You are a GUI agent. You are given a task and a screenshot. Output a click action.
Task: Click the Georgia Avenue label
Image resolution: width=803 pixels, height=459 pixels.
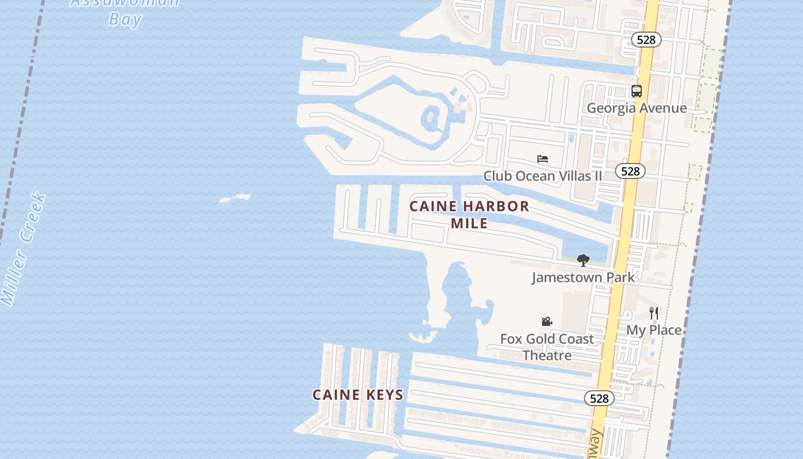coord(636,108)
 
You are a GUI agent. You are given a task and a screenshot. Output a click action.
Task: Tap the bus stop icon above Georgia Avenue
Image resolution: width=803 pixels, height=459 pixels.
coord(636,91)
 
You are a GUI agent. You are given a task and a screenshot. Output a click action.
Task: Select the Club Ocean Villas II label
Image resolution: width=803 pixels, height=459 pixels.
coord(543,176)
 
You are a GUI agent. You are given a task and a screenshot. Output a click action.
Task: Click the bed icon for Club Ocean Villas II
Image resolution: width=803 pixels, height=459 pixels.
coord(543,158)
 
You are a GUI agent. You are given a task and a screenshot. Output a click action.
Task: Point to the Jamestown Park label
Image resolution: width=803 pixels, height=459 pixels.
coord(583,277)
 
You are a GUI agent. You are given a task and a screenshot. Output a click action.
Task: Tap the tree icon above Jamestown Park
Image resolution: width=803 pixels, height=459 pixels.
coord(583,260)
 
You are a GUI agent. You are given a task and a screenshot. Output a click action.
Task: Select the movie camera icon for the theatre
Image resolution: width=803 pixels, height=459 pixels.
coord(547,322)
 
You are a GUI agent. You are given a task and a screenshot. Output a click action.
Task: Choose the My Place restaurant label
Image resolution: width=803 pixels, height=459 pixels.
coord(654,330)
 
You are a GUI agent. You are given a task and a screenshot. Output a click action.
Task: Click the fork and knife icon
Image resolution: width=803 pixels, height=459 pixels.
coord(654,313)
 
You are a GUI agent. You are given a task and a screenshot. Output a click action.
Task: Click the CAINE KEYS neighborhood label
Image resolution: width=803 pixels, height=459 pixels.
coord(358,395)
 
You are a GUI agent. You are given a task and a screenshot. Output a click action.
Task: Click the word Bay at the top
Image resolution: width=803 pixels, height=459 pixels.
coord(125,20)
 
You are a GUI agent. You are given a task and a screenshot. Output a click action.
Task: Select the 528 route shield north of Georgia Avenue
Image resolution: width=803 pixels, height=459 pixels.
coord(646,40)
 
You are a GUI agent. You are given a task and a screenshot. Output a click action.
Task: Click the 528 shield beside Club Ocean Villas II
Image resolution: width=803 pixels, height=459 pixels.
coord(630,171)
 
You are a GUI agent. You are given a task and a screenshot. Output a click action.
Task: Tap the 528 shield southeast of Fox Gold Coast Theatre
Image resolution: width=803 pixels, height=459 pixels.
coord(599,398)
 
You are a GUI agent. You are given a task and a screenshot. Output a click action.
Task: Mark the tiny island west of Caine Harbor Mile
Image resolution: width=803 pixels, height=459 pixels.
coord(235,199)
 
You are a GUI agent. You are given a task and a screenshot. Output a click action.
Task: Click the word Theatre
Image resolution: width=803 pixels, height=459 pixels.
coord(547,355)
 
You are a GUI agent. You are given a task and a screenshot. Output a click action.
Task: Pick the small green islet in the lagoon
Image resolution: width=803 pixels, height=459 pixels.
coord(429,119)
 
